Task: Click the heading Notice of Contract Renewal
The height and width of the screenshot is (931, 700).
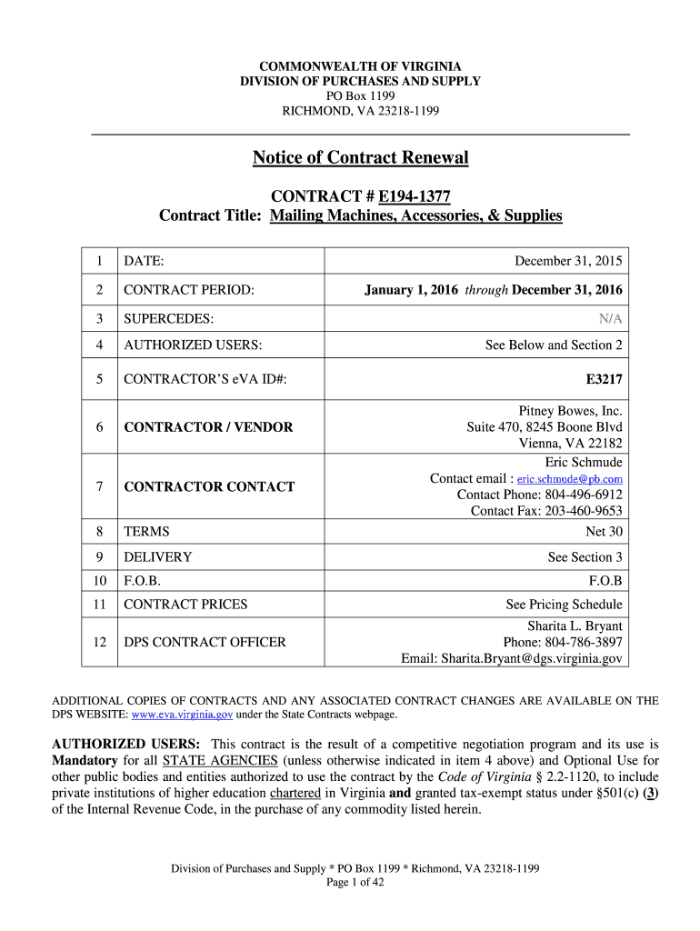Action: point(360,158)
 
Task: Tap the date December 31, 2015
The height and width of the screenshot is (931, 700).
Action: point(568,262)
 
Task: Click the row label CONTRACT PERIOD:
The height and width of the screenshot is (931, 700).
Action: point(189,290)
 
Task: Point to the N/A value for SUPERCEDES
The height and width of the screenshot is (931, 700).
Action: point(610,318)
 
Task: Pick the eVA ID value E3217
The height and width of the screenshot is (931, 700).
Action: point(604,377)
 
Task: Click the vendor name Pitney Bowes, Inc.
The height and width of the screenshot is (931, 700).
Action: point(570,411)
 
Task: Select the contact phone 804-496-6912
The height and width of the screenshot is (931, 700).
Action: point(585,495)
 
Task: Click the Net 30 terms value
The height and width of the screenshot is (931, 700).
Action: point(605,531)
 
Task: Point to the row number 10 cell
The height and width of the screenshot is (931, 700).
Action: point(99,579)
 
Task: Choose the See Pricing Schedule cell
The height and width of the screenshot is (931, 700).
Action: point(564,605)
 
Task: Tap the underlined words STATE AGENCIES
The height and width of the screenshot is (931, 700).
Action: point(219,759)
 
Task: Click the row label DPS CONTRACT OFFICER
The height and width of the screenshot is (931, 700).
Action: point(205,642)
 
